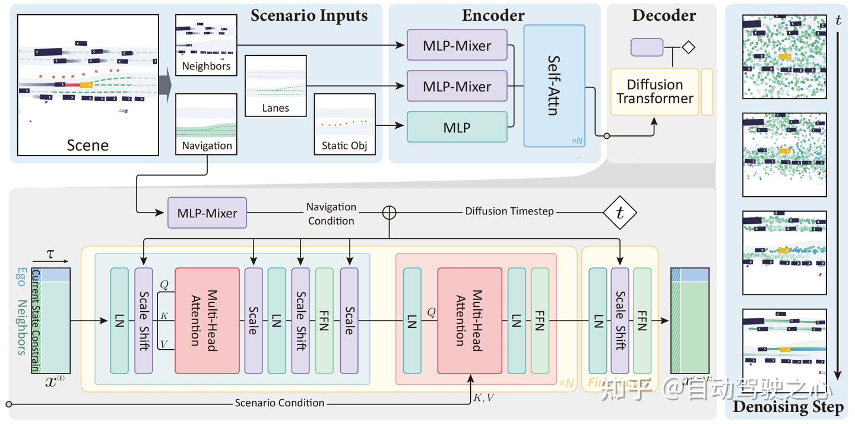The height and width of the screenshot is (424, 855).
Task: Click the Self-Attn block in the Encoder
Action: [554, 86]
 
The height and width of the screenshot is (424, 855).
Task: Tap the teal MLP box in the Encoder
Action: [457, 127]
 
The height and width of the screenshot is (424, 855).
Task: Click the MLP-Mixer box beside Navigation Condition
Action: [207, 213]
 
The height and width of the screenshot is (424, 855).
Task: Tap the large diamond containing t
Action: [620, 213]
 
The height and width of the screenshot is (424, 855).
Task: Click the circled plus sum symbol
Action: [389, 213]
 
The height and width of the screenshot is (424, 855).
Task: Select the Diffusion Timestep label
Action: [509, 211]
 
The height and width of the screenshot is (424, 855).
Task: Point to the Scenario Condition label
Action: [279, 403]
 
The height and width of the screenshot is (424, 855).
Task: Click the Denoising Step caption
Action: [788, 407]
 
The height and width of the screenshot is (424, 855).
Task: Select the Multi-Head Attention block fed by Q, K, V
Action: [207, 320]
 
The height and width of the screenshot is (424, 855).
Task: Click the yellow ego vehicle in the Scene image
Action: [86, 85]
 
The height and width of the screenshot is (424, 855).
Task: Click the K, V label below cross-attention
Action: [483, 398]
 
